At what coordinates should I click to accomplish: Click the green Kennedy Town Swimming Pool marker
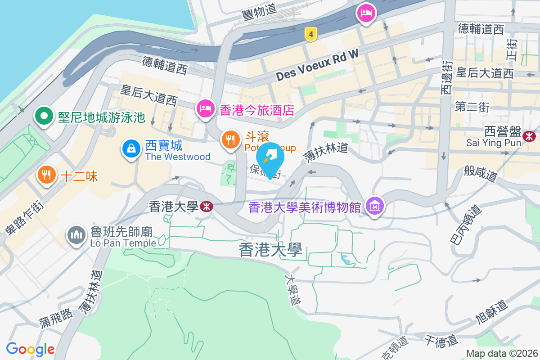click(x=44, y=117)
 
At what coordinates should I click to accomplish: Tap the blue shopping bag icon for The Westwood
click(x=131, y=147)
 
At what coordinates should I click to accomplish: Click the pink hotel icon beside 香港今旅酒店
click(x=205, y=108)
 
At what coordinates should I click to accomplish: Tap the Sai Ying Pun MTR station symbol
click(x=530, y=134)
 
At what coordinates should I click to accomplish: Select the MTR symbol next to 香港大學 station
click(x=207, y=207)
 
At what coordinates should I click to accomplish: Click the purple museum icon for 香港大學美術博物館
click(x=374, y=206)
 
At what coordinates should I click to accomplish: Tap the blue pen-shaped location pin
click(x=270, y=157)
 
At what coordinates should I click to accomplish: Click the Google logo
click(x=30, y=349)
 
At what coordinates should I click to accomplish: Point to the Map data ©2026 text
click(x=501, y=353)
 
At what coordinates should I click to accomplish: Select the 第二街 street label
click(x=472, y=107)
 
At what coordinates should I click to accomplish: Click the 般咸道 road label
click(x=481, y=172)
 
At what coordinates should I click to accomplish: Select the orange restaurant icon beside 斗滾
click(x=230, y=139)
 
